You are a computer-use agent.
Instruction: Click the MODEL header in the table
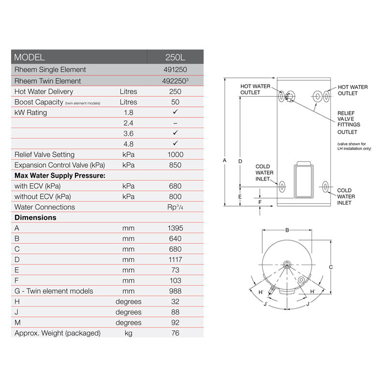click(30, 57)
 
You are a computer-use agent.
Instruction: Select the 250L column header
click(175, 57)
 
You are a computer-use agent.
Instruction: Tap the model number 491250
click(175, 70)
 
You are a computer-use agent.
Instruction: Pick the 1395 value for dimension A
click(175, 228)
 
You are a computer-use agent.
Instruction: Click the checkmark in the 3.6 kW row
click(175, 133)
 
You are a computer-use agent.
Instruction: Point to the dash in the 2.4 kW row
click(175, 123)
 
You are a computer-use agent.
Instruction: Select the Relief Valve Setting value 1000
click(175, 154)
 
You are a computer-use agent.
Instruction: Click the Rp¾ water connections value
click(175, 207)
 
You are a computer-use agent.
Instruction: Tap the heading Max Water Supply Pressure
click(60, 175)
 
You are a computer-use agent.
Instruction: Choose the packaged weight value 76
click(175, 333)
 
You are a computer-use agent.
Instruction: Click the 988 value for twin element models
click(175, 291)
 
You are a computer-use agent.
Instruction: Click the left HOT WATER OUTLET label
click(255, 89)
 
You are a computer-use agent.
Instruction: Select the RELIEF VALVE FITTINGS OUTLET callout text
click(348, 122)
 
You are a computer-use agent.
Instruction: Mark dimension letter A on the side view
click(224, 160)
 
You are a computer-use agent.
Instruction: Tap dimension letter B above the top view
click(287, 230)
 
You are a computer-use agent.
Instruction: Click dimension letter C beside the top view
click(330, 267)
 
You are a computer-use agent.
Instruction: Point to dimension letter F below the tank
click(260, 201)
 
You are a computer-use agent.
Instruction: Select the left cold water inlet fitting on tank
click(282, 185)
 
